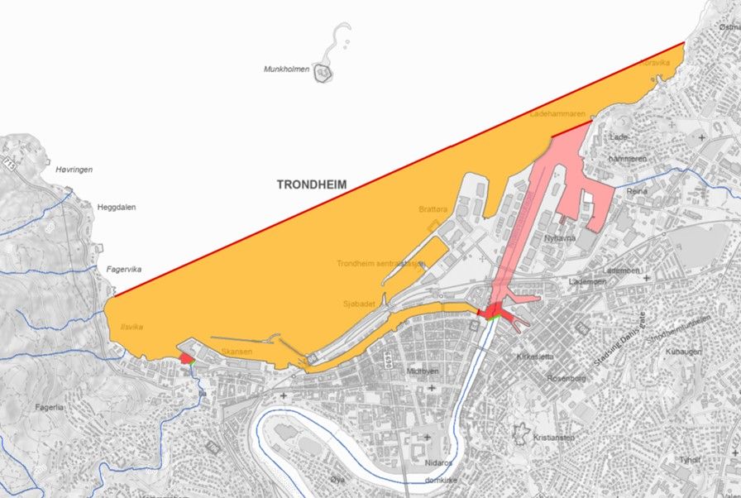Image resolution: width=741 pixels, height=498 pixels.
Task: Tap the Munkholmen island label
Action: [x=286, y=69]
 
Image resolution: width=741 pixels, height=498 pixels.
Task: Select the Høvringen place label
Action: [x=74, y=170]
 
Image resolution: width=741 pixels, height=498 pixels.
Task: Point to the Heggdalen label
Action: [x=117, y=208]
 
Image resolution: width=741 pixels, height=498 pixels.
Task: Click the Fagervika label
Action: [x=124, y=269]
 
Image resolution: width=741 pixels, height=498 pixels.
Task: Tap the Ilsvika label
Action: [x=131, y=327]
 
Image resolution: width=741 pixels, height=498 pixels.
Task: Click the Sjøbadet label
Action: [x=360, y=304]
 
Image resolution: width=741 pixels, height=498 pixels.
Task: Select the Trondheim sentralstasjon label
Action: [x=381, y=265]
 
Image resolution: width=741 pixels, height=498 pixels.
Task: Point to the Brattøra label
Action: [x=433, y=210]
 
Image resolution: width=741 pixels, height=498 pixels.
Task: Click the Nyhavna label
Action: [x=559, y=238]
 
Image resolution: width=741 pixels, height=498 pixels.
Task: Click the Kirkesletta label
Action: [x=534, y=357]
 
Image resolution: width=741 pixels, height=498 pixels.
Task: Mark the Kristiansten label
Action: [x=554, y=437]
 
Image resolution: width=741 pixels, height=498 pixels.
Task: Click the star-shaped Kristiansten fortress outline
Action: [x=523, y=433]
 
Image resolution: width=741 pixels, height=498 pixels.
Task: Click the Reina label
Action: [x=637, y=191]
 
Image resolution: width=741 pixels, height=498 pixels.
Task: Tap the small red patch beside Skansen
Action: [x=185, y=358]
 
